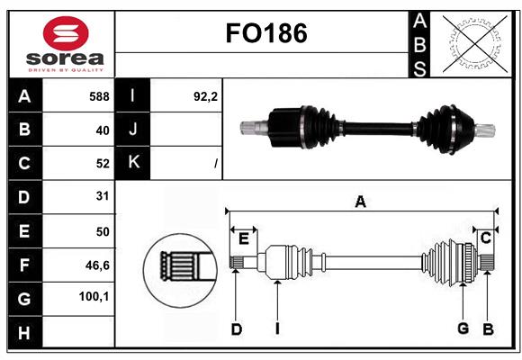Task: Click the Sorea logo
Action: (66, 42)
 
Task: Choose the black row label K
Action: (132, 162)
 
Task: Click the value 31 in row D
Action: (102, 196)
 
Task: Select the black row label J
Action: (132, 130)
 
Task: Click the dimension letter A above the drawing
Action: (360, 202)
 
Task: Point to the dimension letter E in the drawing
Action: (244, 237)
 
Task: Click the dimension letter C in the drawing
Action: (485, 237)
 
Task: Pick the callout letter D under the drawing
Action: (236, 329)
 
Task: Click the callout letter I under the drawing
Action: (278, 329)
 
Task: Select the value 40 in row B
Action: (102, 130)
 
